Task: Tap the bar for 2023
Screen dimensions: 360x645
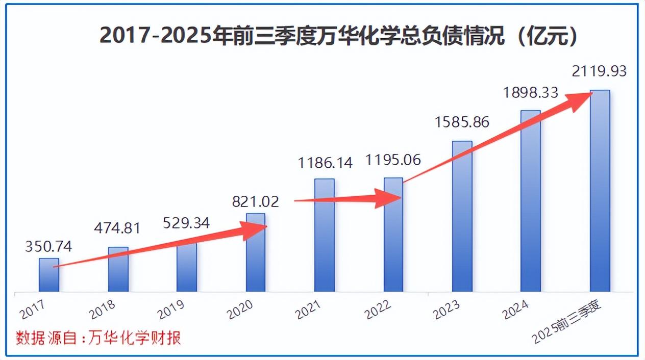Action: click(x=462, y=217)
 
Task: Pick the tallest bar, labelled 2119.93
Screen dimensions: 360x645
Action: click(x=600, y=191)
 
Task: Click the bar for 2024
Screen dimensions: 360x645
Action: click(x=531, y=201)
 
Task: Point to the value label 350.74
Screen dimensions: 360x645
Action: click(x=49, y=247)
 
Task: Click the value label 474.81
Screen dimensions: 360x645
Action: click(x=118, y=227)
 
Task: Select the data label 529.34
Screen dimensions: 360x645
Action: click(x=186, y=223)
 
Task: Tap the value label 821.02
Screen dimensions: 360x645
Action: click(x=256, y=201)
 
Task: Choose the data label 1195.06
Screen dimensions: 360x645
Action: click(x=393, y=160)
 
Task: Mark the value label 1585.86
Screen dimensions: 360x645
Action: click(x=462, y=122)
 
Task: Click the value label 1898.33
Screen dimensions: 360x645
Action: click(x=531, y=93)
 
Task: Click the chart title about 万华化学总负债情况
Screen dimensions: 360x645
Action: click(x=339, y=36)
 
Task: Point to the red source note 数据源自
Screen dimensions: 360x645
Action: click(x=98, y=338)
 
